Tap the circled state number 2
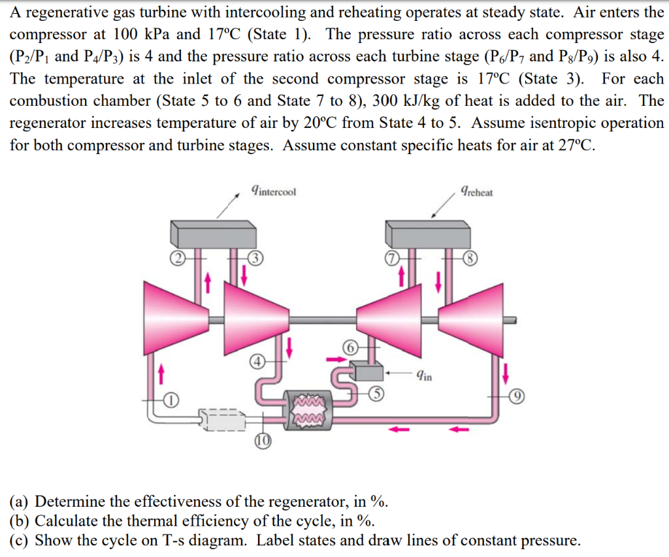coord(175,258)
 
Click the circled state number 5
coord(376,392)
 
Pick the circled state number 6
coord(351,348)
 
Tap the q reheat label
coord(476,191)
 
